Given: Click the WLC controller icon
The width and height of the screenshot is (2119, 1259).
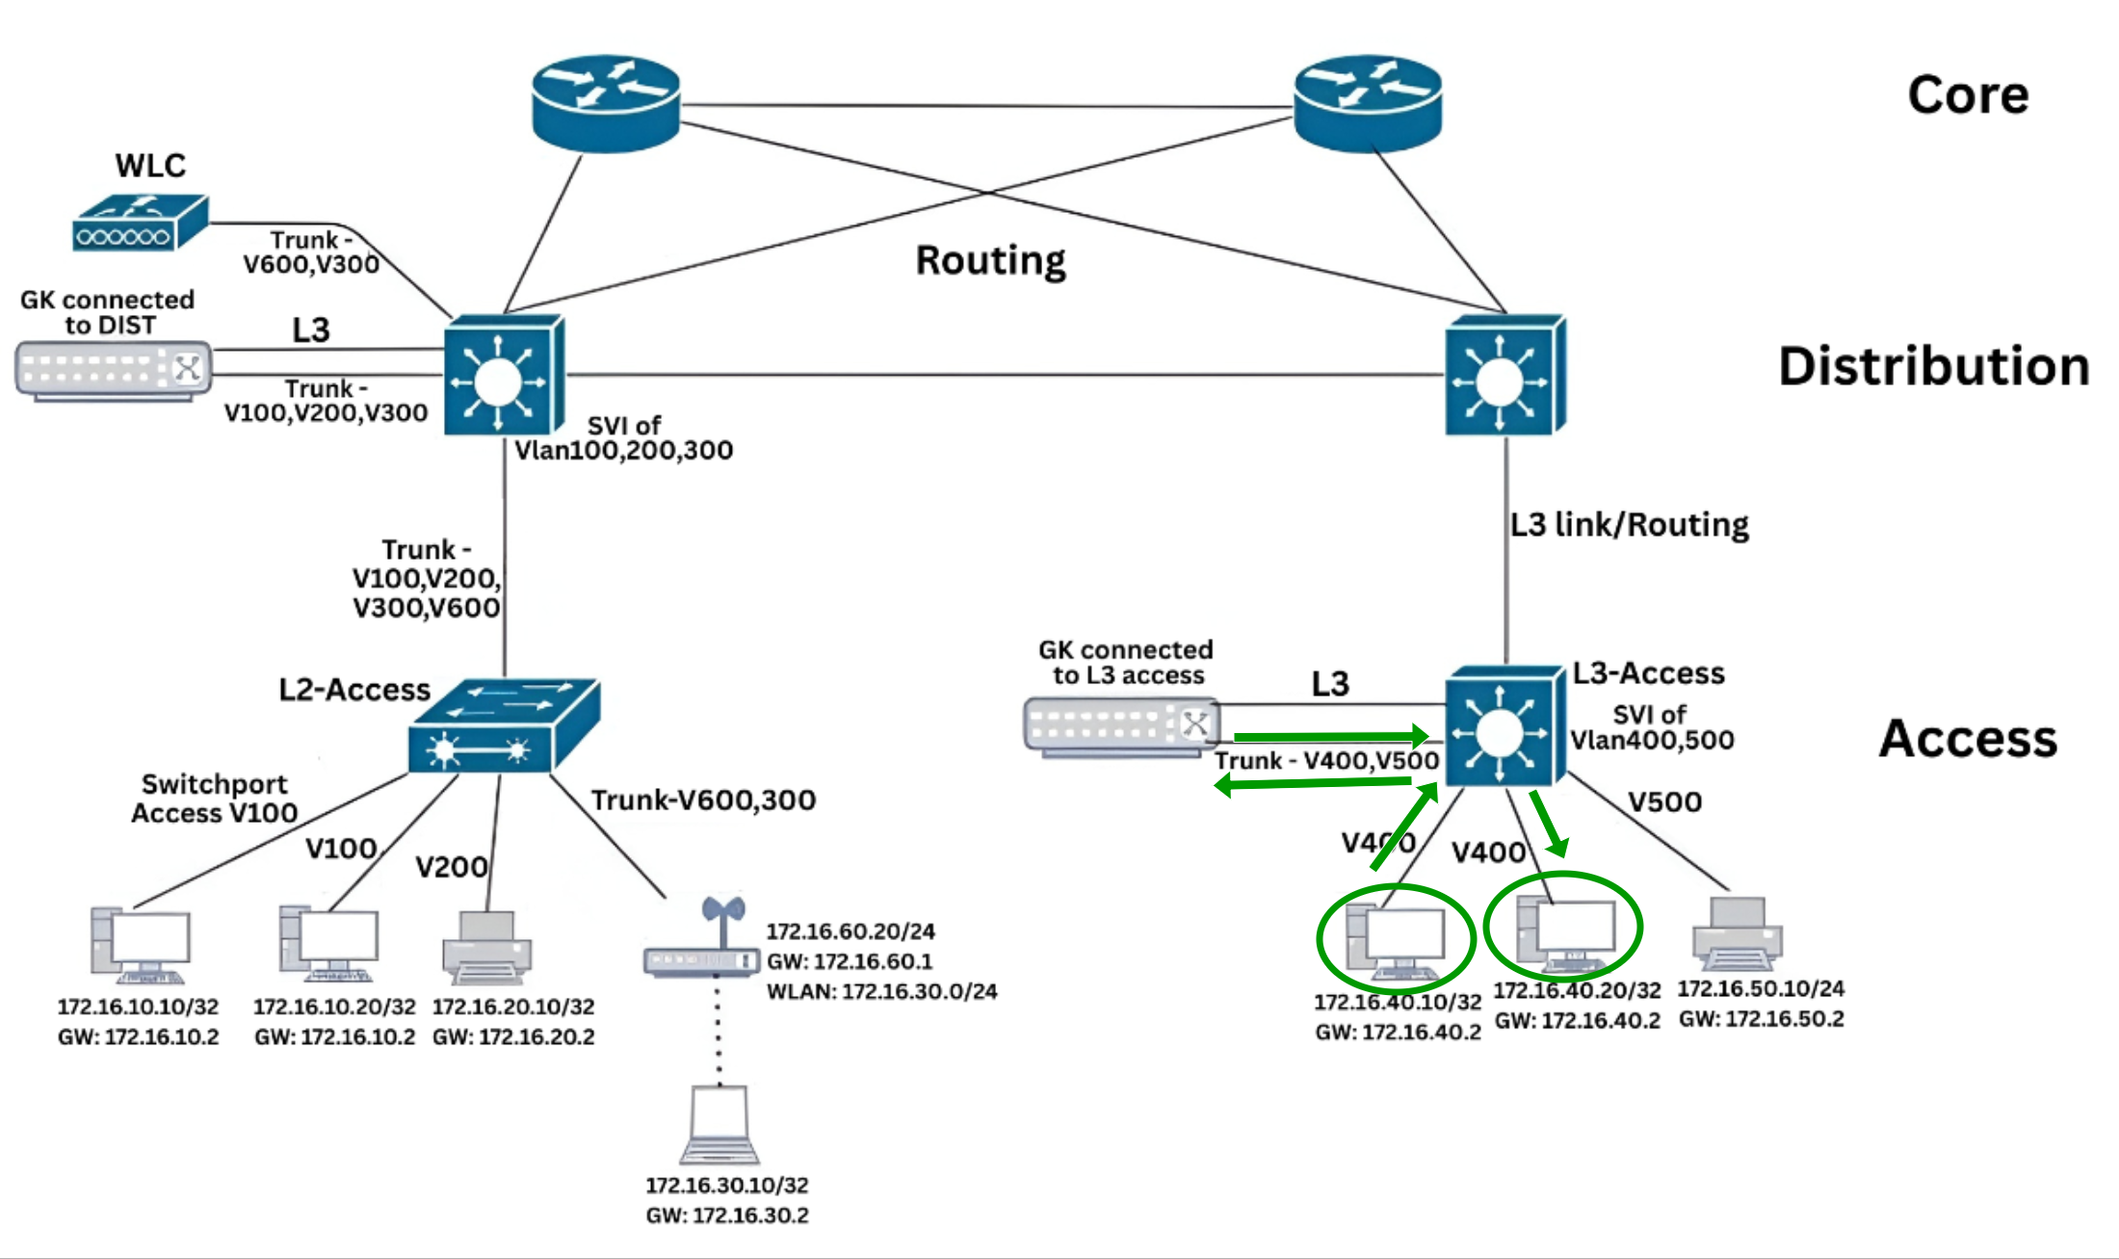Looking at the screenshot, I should tap(140, 223).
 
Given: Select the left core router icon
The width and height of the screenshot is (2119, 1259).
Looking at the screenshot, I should tap(606, 103).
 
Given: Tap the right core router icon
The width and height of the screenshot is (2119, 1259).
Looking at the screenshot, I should tap(1367, 103).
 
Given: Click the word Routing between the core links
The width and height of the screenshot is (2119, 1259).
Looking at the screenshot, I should tap(990, 260).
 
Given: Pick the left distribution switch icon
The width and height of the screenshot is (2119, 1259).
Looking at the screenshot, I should tap(503, 376).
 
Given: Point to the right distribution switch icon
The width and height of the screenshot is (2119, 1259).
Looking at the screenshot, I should tap(1504, 376).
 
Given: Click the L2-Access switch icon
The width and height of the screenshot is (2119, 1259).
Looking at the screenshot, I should tap(503, 727).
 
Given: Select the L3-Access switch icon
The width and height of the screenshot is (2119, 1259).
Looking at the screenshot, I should tap(1503, 725).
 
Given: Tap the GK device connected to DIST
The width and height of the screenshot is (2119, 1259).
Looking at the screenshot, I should tap(113, 371).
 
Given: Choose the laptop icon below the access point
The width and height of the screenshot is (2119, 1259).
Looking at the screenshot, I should tap(719, 1125).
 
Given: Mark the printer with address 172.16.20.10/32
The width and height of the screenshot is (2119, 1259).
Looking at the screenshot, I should tap(486, 949).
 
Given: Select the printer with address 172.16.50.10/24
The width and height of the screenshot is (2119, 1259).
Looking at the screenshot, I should tap(1737, 933).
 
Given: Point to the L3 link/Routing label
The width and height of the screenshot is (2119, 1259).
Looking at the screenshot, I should tap(1629, 525).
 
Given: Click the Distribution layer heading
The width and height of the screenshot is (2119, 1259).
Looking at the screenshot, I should tap(1933, 367).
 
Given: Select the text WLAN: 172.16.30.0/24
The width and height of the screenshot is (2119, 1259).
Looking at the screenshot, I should tap(881, 991).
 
